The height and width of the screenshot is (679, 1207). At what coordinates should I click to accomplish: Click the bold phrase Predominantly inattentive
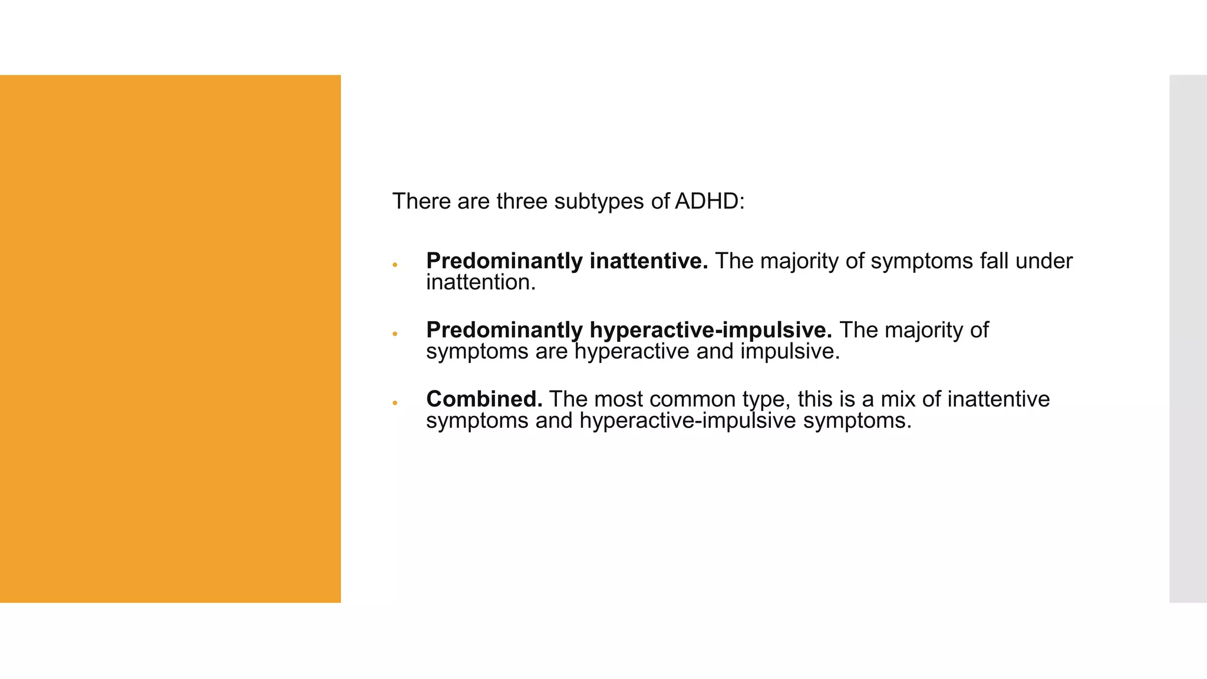coord(567,262)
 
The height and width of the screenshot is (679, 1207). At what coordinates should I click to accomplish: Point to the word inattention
coord(481,282)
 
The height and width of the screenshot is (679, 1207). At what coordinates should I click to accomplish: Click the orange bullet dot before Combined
coord(395,403)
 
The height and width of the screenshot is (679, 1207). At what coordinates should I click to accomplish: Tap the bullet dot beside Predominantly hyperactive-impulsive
coord(395,334)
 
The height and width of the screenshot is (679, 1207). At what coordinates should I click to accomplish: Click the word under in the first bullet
coord(1044,262)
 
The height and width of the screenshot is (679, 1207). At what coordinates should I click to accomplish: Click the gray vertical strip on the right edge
coord(1188,339)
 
